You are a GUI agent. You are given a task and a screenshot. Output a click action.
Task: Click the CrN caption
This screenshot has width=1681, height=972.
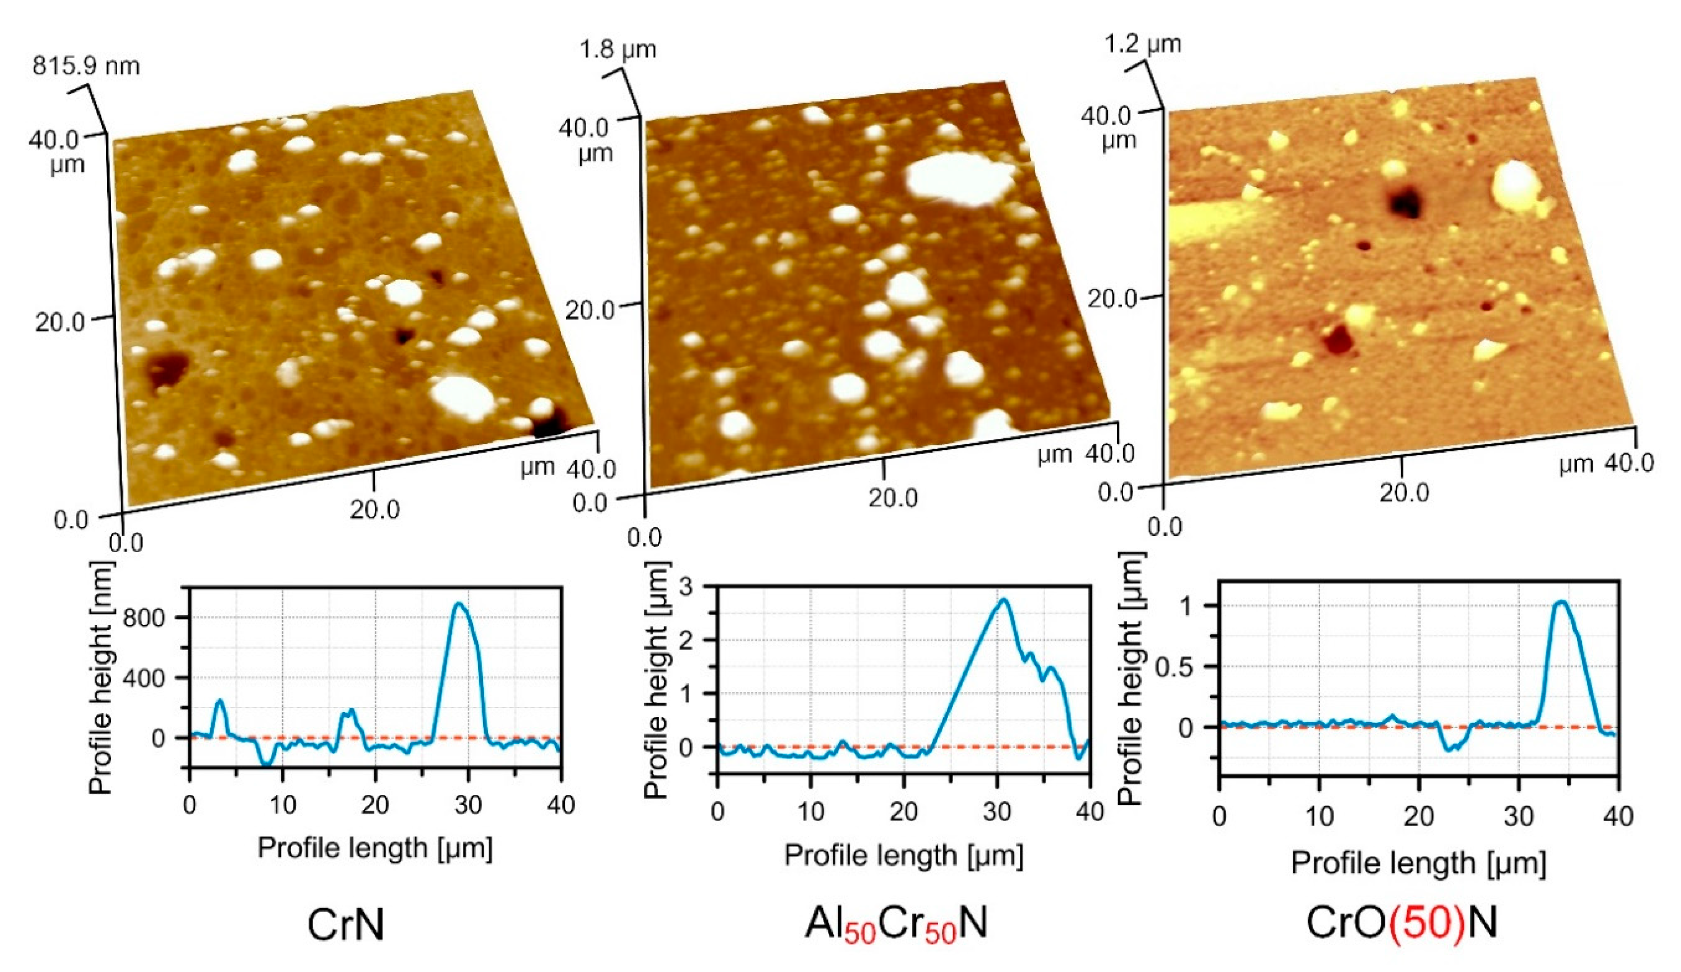coord(346,925)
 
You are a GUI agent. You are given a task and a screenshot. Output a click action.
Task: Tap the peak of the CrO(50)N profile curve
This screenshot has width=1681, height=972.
coord(1562,602)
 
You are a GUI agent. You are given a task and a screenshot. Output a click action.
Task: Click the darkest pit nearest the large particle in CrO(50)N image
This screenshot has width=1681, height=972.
coord(1406,202)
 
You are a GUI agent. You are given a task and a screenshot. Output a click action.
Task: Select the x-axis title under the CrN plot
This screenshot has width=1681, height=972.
coord(375,849)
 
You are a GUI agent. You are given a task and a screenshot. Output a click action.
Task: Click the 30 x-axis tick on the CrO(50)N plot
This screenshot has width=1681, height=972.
coord(1519,817)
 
